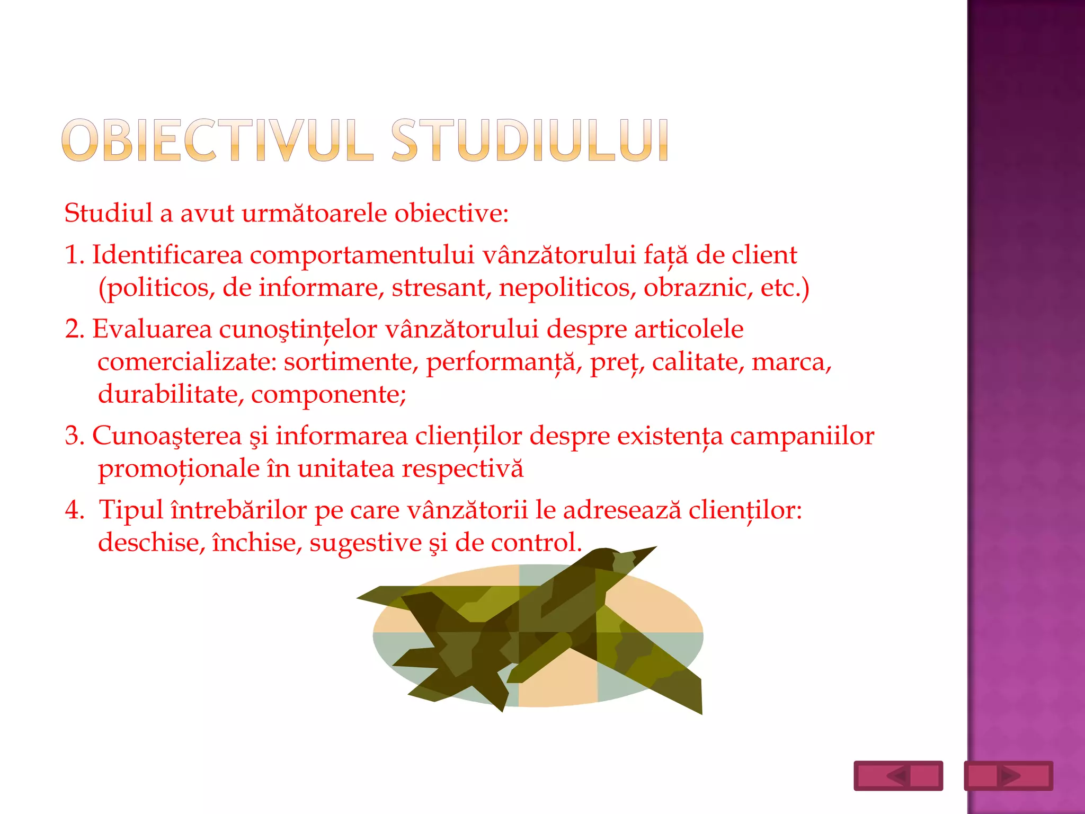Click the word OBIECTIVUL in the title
(217, 140)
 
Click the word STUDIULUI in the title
(530, 140)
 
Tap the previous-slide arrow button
(898, 776)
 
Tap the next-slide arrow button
(1008, 776)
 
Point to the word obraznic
(698, 288)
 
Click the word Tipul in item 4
(131, 510)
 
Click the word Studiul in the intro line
(108, 213)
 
